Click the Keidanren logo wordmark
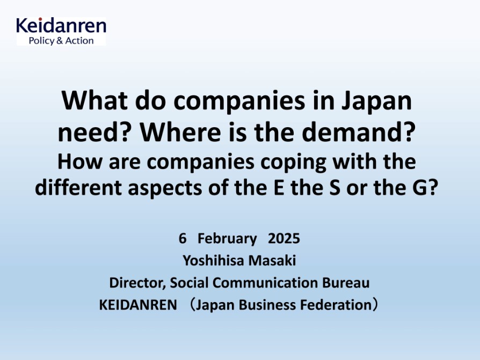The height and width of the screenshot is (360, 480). coord(61,25)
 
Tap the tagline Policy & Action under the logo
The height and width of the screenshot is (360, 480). coord(61,41)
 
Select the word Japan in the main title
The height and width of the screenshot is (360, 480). coord(376,102)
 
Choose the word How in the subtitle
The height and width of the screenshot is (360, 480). coord(79,162)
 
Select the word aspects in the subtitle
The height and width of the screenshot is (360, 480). coord(165,188)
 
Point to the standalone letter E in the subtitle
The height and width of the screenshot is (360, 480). coord(279,187)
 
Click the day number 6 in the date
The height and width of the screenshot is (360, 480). coord(183,239)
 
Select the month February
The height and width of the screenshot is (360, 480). coord(227,239)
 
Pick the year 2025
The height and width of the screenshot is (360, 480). coord(284,239)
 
